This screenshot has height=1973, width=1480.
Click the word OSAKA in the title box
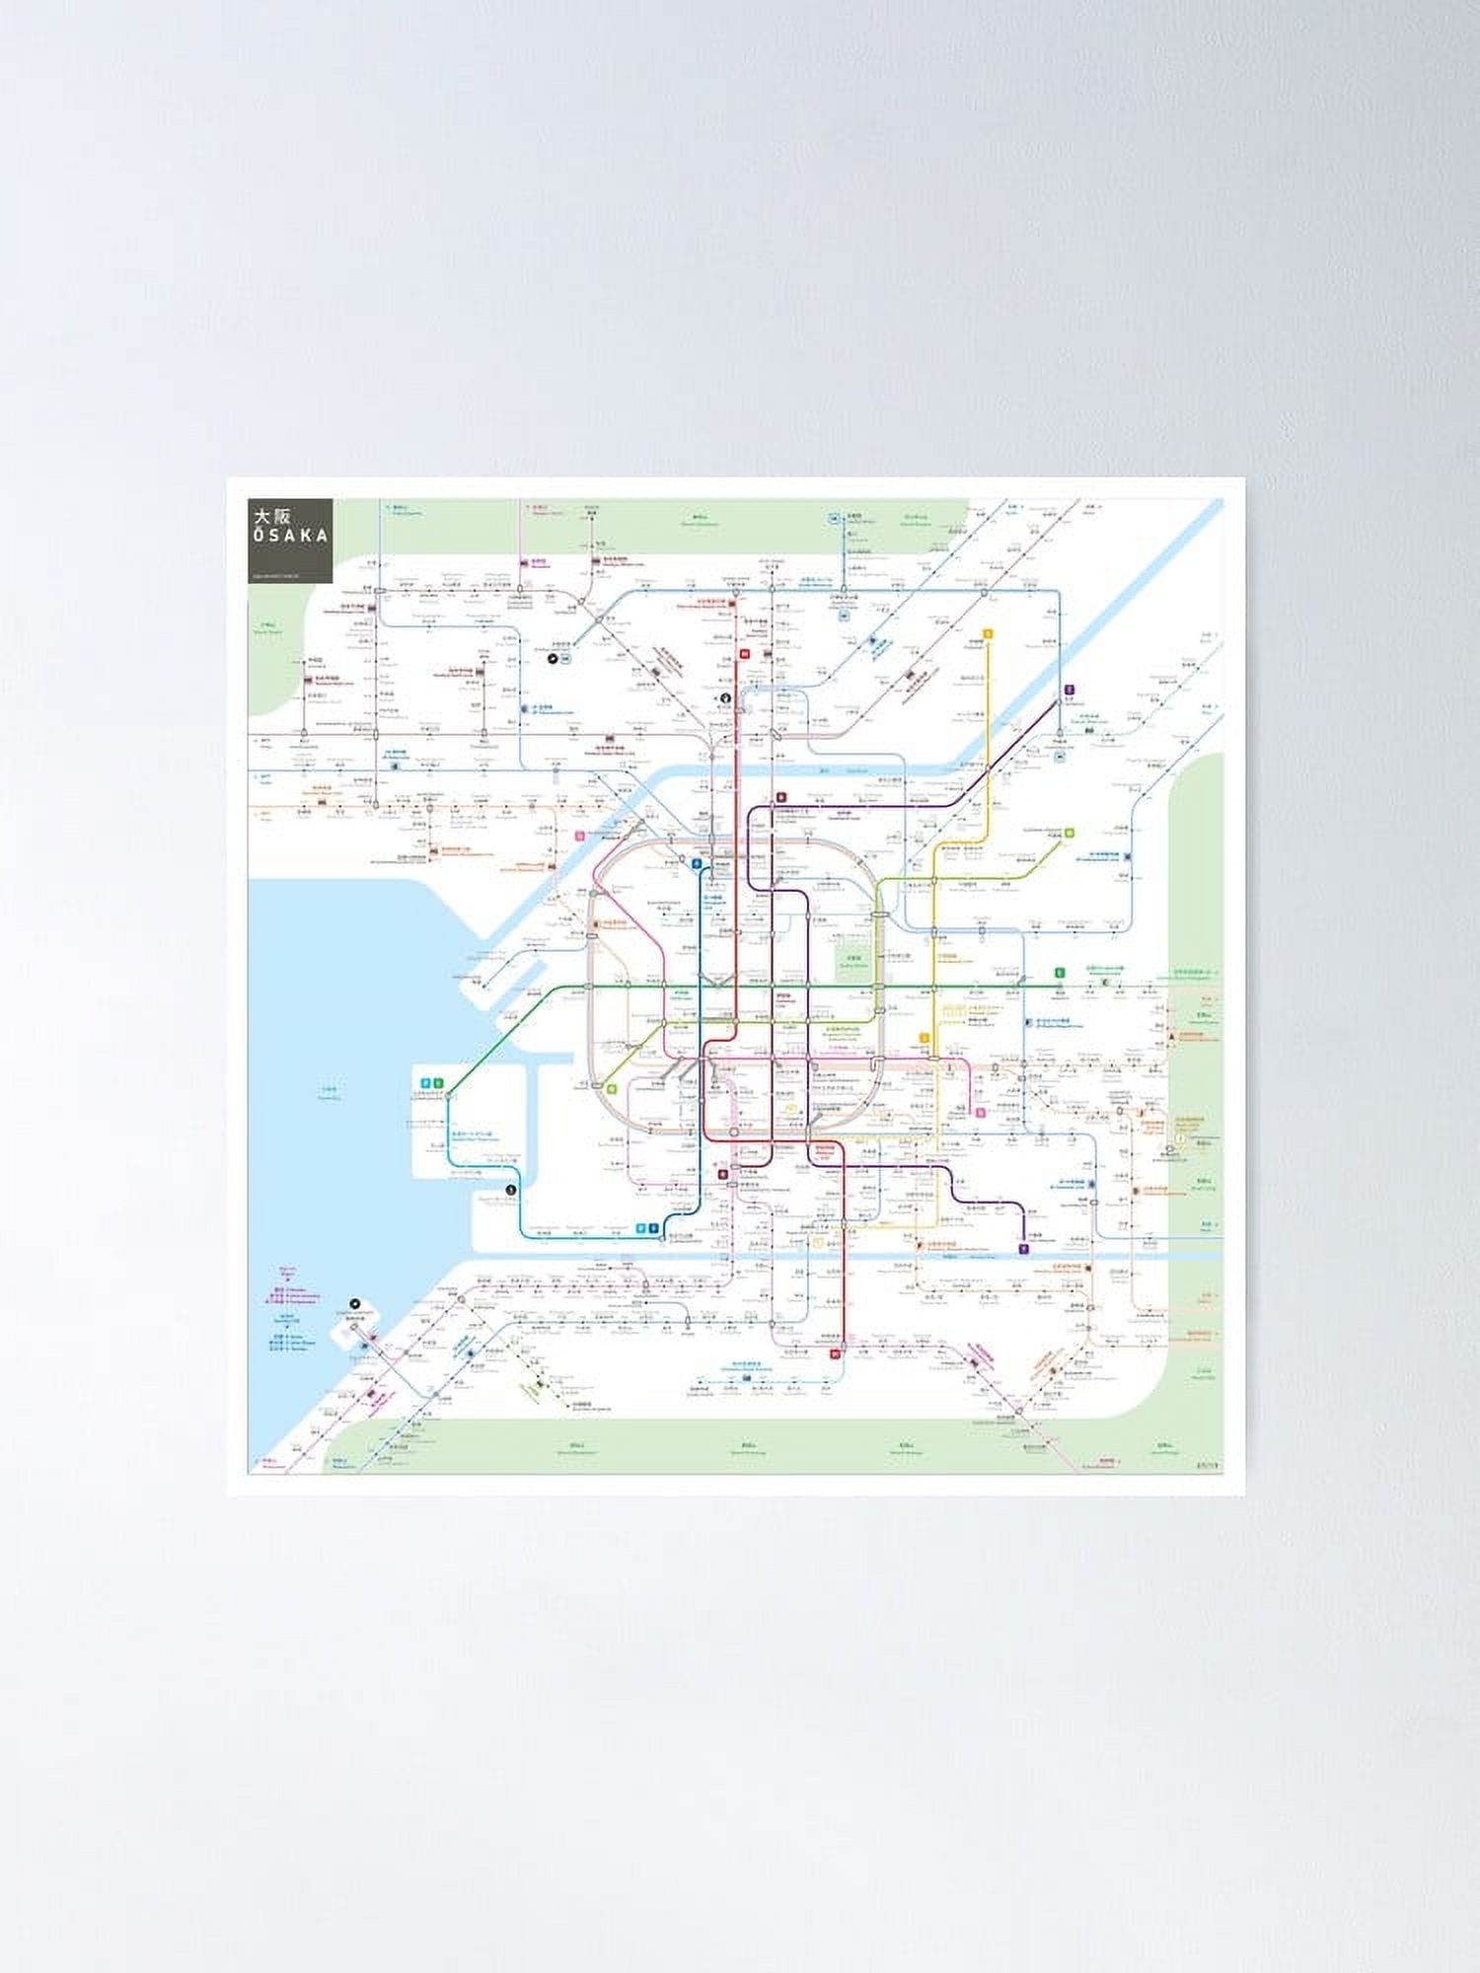290,535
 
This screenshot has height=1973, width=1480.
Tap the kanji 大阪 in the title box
269,516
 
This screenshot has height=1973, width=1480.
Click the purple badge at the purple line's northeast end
1070,691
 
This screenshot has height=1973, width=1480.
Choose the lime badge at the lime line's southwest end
612,1089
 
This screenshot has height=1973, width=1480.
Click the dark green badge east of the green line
1059,973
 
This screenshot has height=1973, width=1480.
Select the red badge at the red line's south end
835,1354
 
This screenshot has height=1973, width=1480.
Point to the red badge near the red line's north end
745,652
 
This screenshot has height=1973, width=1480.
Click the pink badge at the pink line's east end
981,1113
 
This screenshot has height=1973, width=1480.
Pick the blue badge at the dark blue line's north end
697,863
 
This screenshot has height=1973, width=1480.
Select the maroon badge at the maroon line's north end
780,797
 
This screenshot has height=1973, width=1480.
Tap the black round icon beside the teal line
510,1191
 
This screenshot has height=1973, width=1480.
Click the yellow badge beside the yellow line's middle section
925,1037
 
